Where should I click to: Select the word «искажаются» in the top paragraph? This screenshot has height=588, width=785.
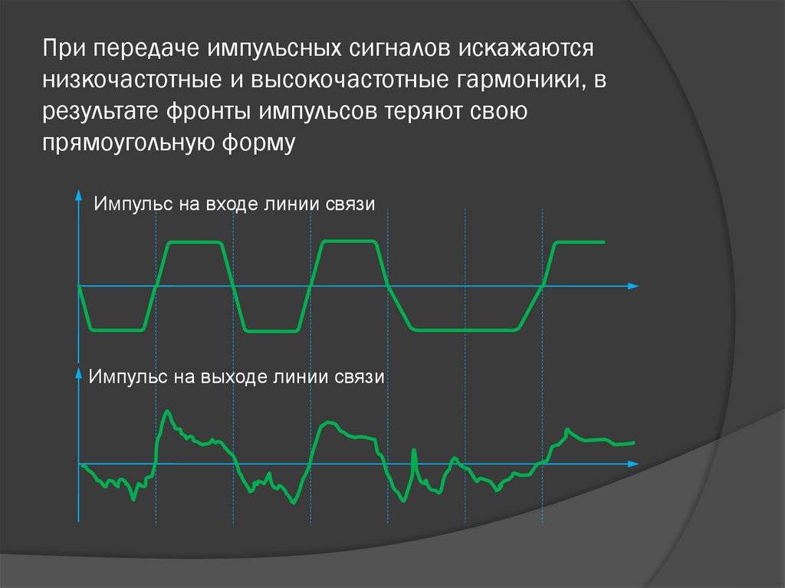click(x=527, y=49)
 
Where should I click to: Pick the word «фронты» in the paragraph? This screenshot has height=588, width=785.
click(x=208, y=112)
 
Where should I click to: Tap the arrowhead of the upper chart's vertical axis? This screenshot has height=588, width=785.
click(x=79, y=196)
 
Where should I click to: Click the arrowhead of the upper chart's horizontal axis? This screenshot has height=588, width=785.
click(x=633, y=286)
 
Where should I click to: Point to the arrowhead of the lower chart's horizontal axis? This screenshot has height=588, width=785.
click(x=633, y=465)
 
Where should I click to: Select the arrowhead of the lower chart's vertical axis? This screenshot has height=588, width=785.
click(x=79, y=372)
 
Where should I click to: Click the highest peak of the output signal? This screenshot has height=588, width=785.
click(x=167, y=412)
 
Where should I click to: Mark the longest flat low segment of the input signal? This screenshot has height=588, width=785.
click(x=465, y=330)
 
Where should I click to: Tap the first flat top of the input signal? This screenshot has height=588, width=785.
click(x=195, y=242)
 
